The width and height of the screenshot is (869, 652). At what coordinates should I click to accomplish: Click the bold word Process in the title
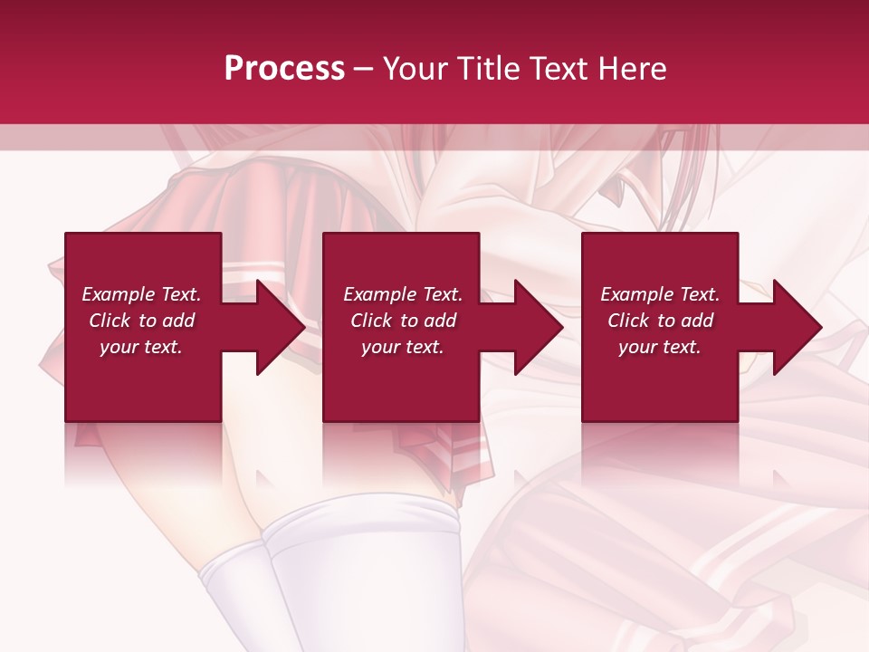284,69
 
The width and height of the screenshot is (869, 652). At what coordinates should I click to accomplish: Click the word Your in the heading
415,69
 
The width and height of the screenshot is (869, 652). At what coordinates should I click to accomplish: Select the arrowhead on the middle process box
537,327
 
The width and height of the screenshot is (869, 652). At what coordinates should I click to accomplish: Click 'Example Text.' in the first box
142,294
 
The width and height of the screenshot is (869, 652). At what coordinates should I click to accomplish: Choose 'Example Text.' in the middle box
403,294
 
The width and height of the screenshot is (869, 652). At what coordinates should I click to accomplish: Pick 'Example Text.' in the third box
660,294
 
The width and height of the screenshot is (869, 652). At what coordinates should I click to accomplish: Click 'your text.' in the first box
141,347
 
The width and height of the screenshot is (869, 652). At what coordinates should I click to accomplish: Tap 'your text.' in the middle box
402,347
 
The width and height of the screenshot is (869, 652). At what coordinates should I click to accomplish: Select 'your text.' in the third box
659,347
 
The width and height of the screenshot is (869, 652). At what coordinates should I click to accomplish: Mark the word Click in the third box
628,321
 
